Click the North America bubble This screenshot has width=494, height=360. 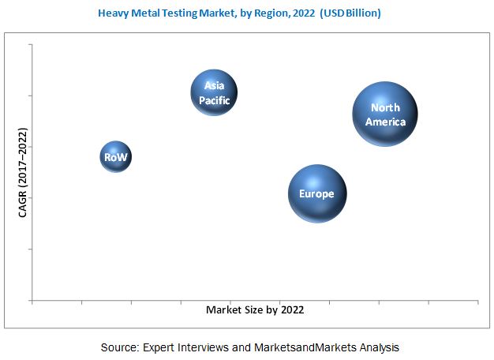pos(384,114)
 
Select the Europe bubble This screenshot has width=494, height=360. pos(316,194)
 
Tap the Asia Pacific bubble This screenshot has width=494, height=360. pos(215,93)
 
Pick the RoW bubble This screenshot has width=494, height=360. pos(115,157)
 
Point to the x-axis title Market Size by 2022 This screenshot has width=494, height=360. pos(255,310)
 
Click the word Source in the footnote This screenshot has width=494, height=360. pos(119,347)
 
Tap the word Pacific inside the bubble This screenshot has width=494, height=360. pos(215,99)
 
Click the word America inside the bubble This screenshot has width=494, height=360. pos(386,122)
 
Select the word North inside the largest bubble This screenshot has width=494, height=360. pos(385,108)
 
